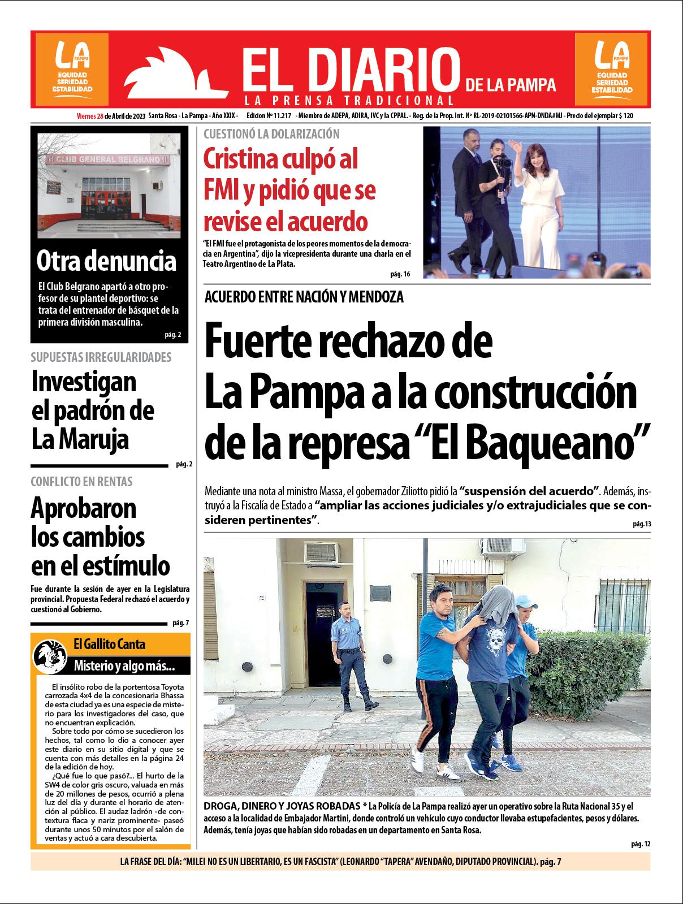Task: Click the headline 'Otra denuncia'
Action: [106, 261]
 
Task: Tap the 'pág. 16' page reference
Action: [399, 274]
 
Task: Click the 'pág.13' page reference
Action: [642, 524]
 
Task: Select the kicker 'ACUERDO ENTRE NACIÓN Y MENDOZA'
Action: [304, 297]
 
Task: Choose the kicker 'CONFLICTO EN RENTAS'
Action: [81, 482]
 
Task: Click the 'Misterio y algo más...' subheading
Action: [124, 666]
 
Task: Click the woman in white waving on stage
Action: [531, 198]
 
